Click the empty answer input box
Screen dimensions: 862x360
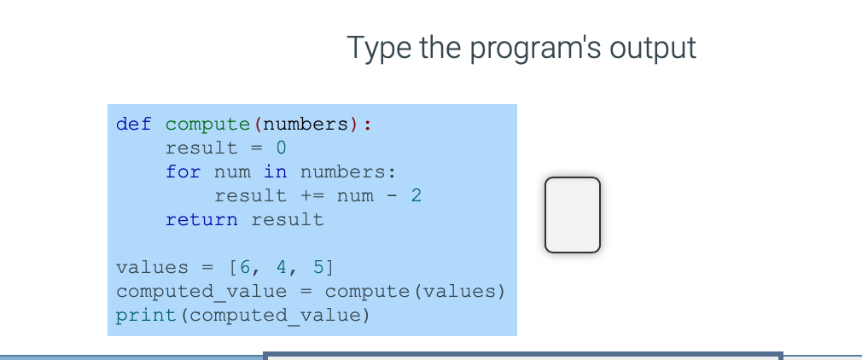[x=573, y=215]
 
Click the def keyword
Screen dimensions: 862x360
[x=134, y=125]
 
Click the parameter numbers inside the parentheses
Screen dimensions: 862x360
[x=306, y=125]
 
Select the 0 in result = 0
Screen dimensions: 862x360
[x=281, y=148]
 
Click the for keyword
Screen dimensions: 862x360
[x=183, y=172]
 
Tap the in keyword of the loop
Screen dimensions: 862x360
[x=275, y=172]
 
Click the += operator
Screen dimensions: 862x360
[x=312, y=195]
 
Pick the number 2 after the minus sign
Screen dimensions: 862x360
[x=416, y=195]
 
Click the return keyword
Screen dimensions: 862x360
[x=201, y=220]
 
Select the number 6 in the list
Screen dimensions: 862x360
[x=245, y=267]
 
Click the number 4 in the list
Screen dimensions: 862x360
[x=282, y=267]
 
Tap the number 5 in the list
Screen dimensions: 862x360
[x=318, y=267]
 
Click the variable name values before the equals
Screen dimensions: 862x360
[x=152, y=267]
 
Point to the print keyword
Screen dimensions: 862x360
[x=146, y=316]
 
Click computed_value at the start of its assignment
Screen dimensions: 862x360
[x=201, y=291]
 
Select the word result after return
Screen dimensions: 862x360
[x=288, y=220]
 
